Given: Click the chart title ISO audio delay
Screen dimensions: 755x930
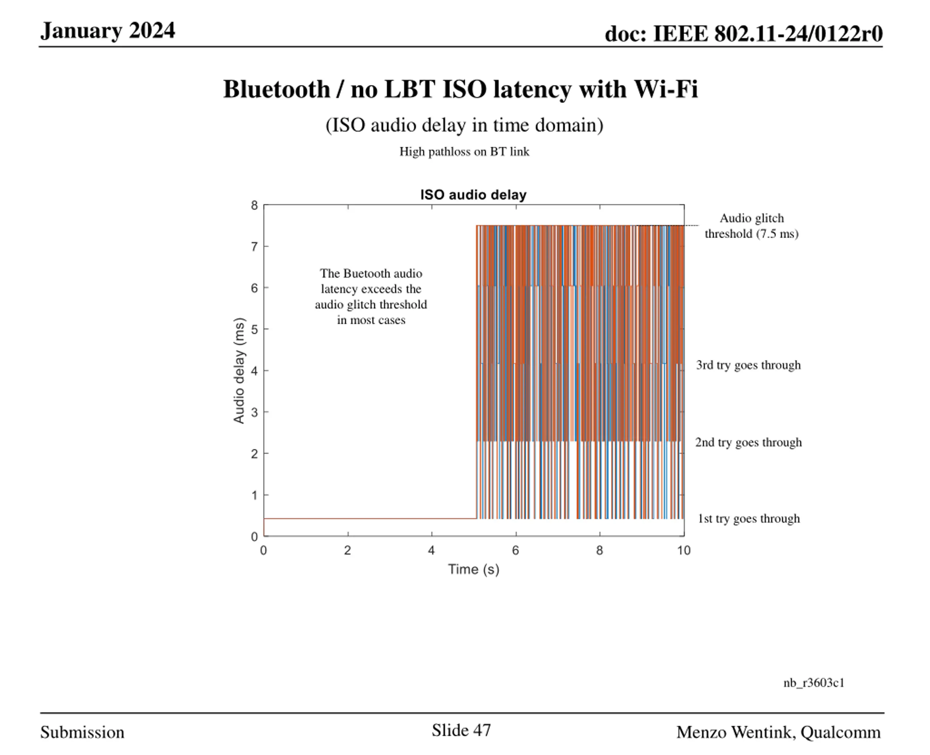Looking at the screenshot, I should tap(473, 195).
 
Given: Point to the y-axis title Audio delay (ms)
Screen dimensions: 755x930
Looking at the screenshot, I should tap(239, 371).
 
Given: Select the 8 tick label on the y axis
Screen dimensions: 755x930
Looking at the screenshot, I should tap(254, 205).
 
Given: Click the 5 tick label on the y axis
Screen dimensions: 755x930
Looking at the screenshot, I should tap(254, 329).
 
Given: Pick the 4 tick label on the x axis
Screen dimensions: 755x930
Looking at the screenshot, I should tap(431, 551).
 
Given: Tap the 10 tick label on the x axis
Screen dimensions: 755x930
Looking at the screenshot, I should tap(684, 551).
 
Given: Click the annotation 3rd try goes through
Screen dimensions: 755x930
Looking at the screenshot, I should tap(748, 365).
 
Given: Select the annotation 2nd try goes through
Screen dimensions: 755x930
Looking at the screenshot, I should tap(748, 442).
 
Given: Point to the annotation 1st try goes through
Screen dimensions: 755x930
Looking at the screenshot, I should tap(748, 518).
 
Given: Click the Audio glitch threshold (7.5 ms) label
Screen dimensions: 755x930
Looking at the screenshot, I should tap(752, 226).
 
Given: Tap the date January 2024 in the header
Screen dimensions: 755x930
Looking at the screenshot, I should tap(108, 31).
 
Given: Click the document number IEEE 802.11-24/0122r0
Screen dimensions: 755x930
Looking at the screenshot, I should tap(768, 33).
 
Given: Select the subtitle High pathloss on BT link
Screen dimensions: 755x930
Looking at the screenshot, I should tap(464, 152).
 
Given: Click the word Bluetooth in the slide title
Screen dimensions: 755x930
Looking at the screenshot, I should tap(276, 89).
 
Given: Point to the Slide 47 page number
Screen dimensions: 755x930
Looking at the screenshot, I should tap(461, 730).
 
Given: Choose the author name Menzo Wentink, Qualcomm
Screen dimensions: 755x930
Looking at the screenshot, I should tap(778, 732).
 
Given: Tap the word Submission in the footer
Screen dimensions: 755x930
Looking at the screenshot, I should tap(82, 732).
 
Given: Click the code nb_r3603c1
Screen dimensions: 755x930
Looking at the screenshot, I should tap(814, 683).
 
